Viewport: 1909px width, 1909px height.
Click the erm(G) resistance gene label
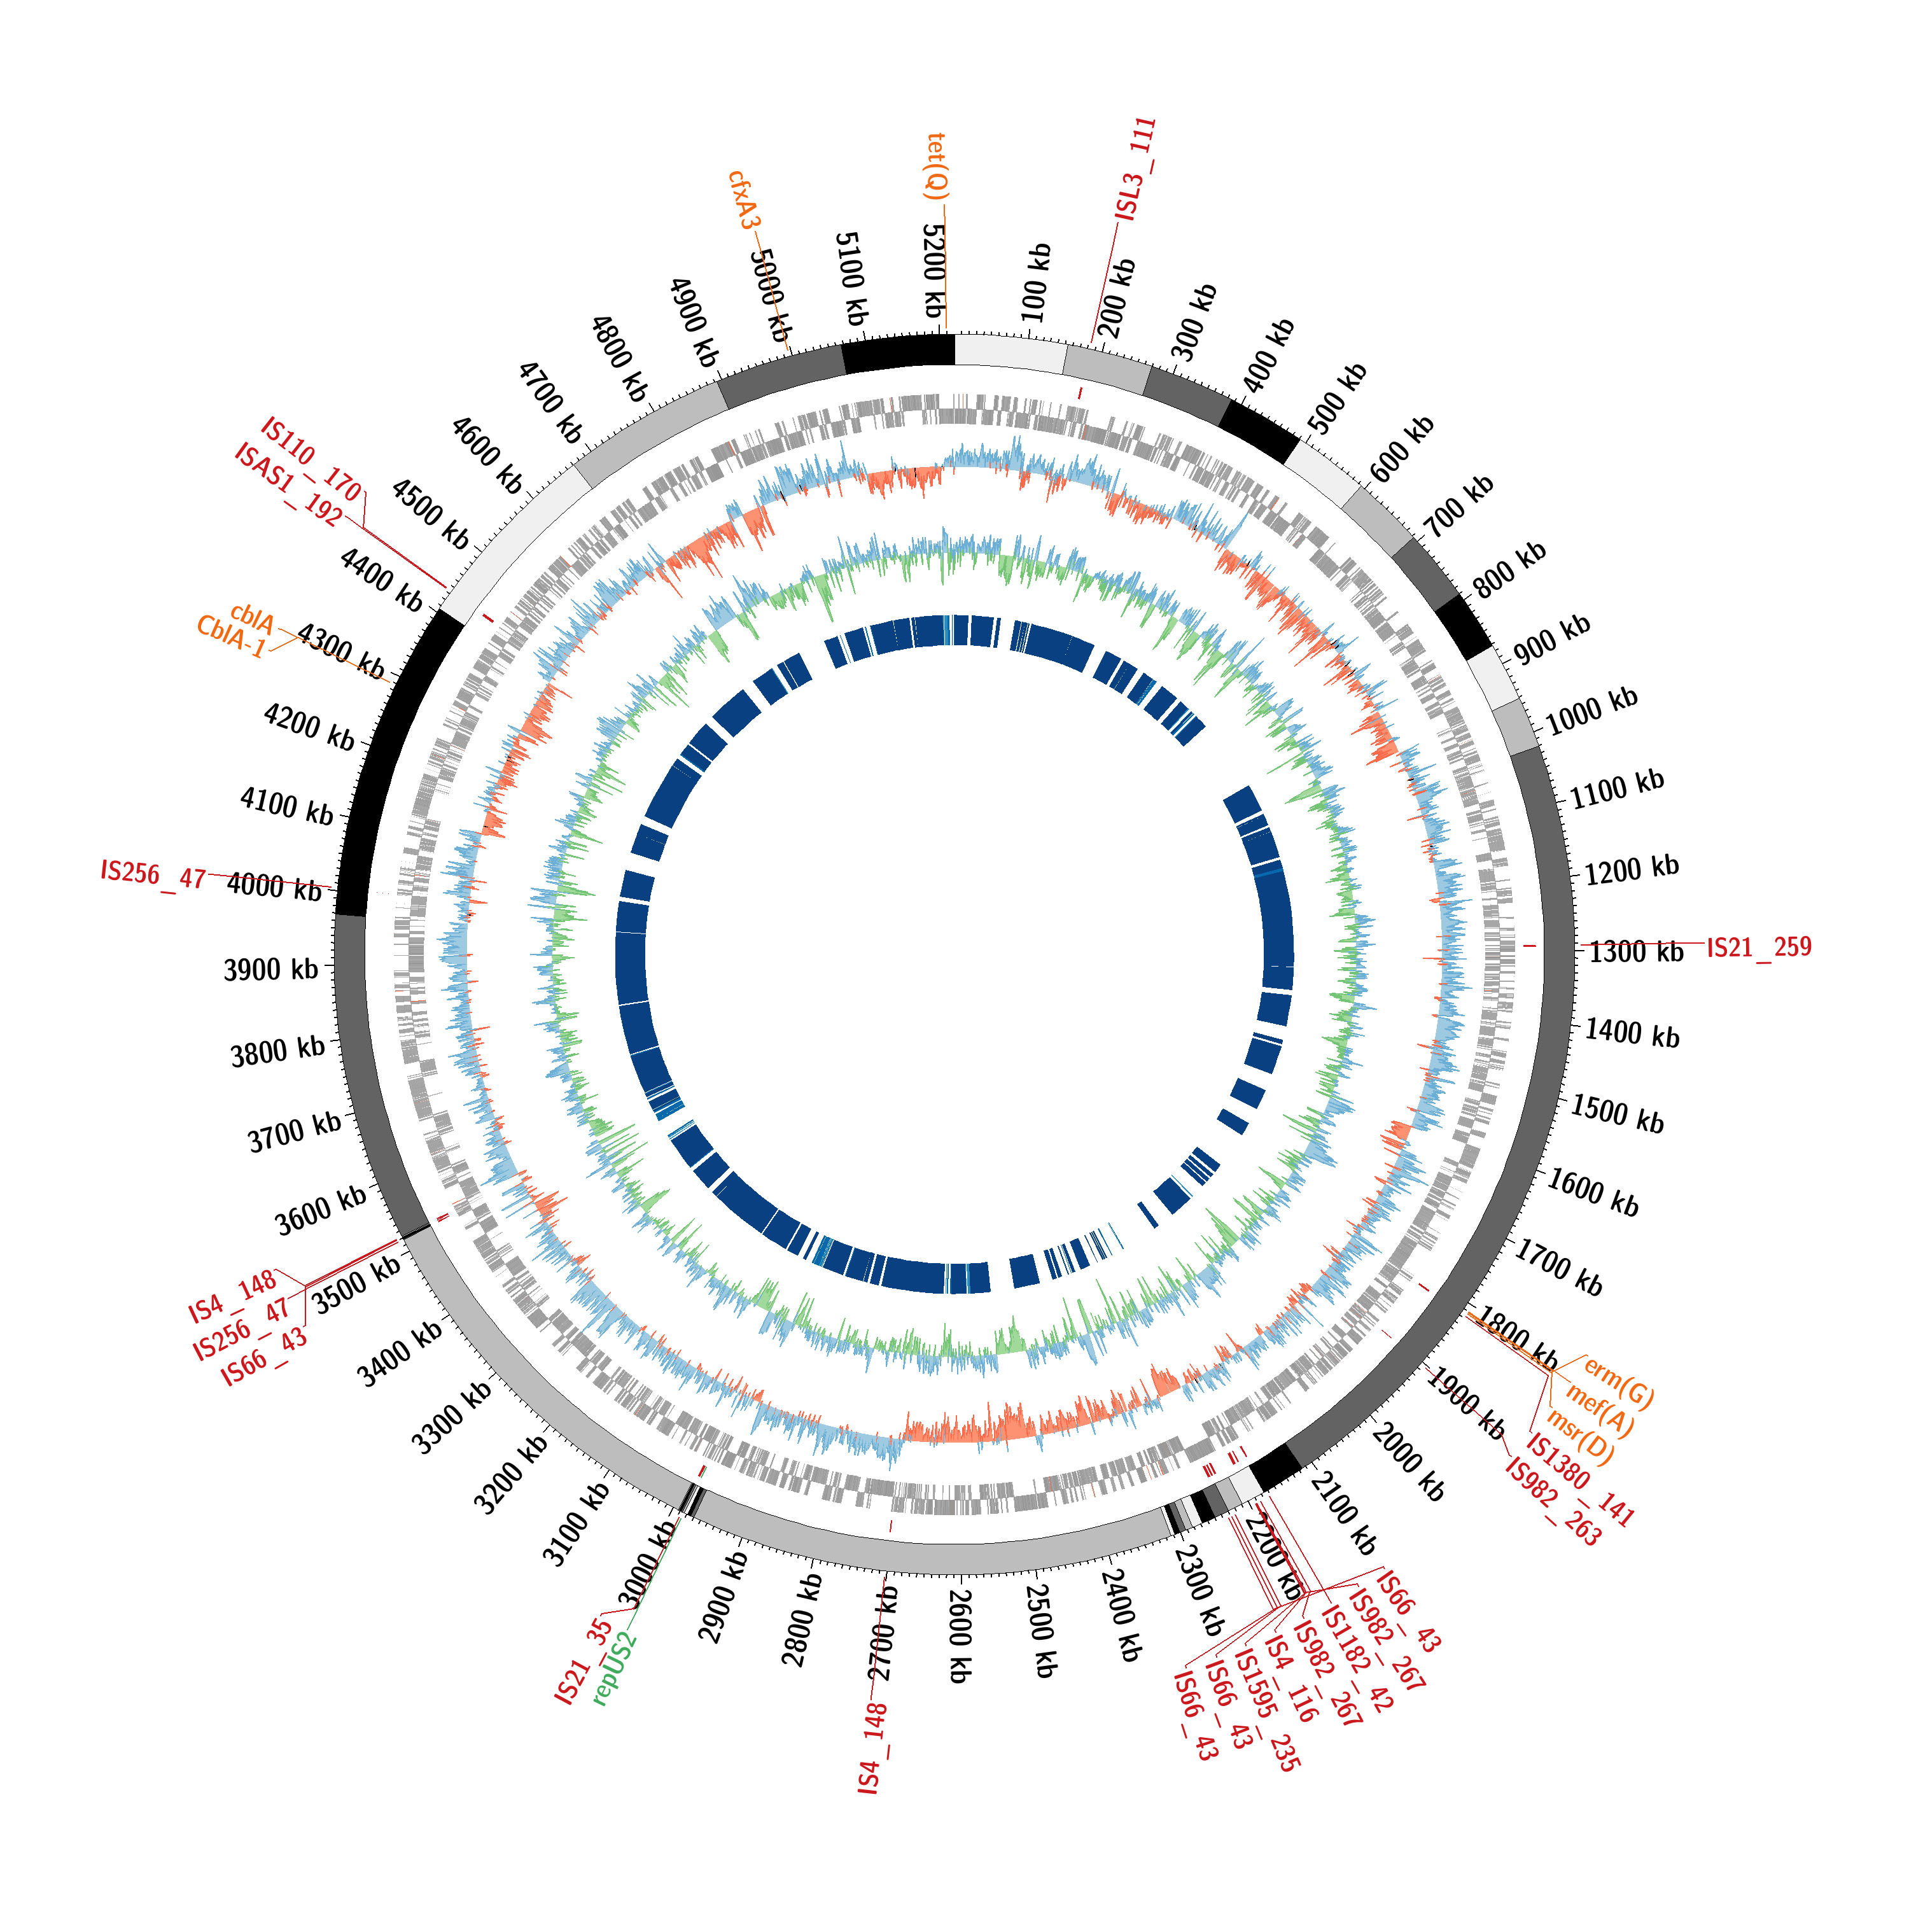click(1618, 1382)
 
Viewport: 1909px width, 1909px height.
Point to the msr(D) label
click(1581, 1437)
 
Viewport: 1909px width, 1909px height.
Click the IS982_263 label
click(1552, 1501)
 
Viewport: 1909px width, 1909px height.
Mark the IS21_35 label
click(584, 1661)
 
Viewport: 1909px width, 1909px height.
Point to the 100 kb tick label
click(1035, 283)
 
